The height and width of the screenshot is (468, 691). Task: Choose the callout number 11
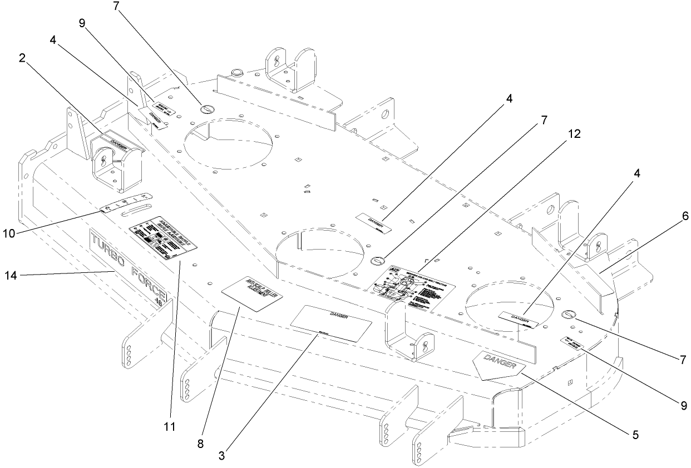click(169, 426)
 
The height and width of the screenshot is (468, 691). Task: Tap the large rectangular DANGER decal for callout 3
click(332, 323)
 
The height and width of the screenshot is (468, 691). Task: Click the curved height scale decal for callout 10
click(127, 203)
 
